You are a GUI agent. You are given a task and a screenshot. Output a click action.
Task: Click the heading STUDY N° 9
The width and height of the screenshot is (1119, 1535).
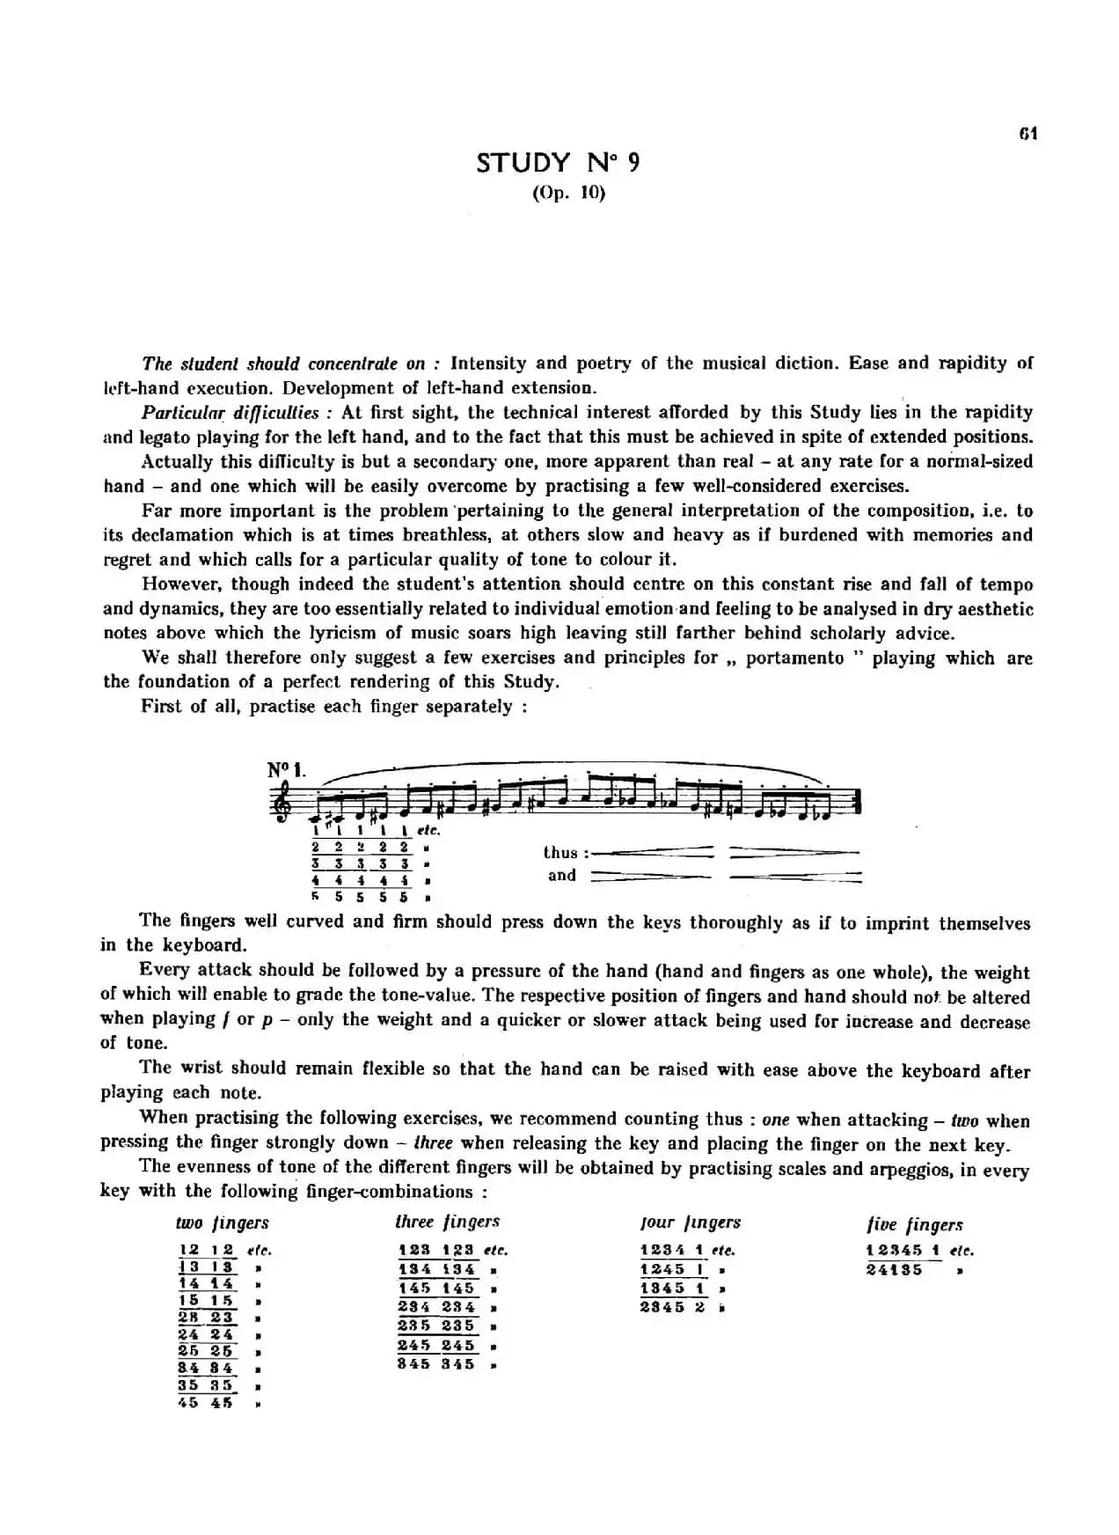558,163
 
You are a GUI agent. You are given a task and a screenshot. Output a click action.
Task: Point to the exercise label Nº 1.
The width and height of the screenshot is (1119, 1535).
287,771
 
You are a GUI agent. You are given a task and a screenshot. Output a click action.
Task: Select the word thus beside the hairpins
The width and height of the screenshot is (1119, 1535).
561,852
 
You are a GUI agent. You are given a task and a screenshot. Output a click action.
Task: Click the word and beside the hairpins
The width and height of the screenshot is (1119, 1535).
561,875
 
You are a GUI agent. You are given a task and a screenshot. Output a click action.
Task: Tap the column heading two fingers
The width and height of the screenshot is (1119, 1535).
222,1223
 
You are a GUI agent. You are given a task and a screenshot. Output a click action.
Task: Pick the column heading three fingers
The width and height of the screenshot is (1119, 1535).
447,1222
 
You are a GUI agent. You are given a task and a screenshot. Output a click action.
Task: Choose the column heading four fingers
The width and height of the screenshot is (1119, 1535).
690,1223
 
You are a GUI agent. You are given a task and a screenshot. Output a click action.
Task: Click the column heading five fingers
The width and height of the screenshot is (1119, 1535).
914,1224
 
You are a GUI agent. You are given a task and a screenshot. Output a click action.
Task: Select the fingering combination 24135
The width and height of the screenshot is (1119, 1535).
894,1269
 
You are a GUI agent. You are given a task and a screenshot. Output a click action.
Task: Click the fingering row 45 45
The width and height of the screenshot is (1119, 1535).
206,1403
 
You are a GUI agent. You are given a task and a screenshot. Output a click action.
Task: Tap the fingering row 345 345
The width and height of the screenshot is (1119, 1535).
435,1364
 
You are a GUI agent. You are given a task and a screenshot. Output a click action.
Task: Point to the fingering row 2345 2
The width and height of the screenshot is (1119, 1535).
673,1307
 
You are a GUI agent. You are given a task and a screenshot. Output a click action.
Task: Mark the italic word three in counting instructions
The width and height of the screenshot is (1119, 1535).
433,1143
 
